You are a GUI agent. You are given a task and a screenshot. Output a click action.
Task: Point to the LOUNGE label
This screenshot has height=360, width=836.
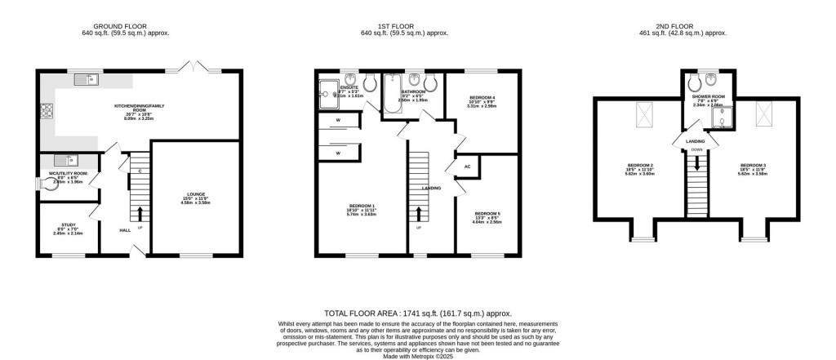196,194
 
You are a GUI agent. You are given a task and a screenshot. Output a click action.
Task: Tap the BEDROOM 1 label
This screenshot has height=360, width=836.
360,205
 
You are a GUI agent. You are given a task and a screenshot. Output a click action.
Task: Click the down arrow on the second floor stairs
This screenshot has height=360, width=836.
696,162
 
